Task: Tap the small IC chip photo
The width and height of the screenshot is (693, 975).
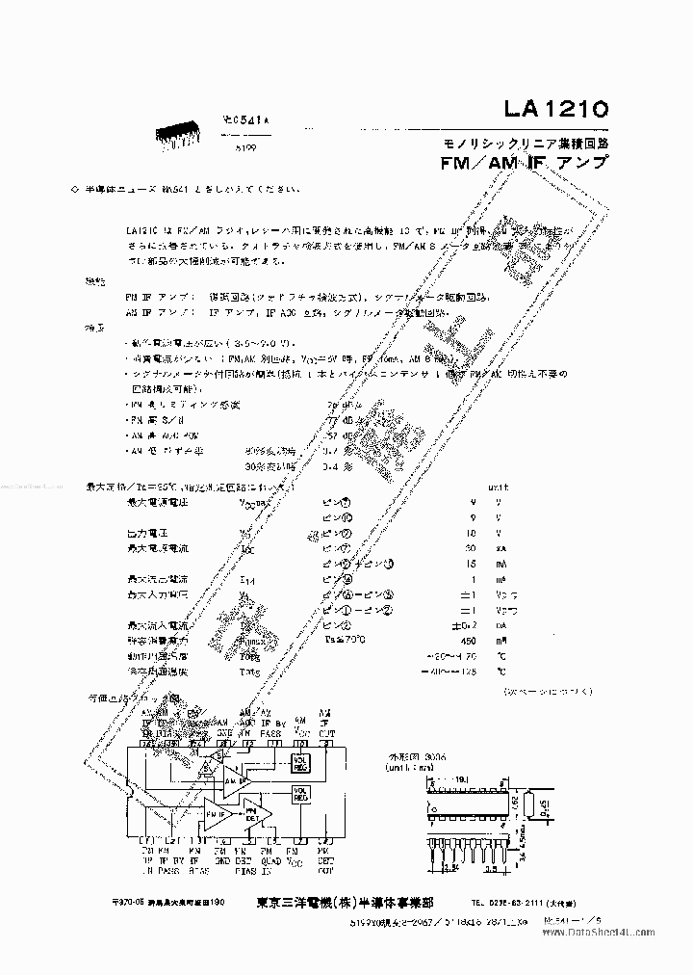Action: point(182,139)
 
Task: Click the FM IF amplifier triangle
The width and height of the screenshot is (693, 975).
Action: point(215,811)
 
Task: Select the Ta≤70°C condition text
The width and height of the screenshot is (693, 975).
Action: point(344,639)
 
